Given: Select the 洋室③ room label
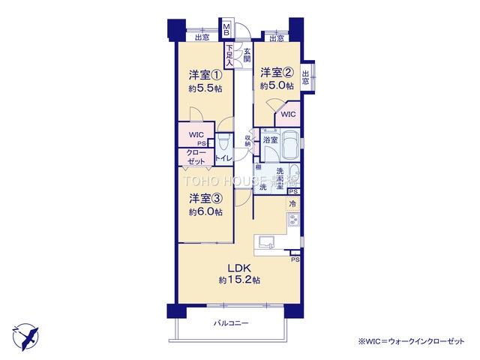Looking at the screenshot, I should click(x=204, y=198).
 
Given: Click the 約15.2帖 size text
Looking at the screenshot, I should click(x=239, y=280).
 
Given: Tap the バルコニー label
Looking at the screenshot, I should click(x=229, y=323).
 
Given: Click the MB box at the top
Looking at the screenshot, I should click(x=226, y=32).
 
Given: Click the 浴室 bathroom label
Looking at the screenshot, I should click(x=270, y=140).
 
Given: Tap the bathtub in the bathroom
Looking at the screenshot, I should click(x=292, y=146).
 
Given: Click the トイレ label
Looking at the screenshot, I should click(x=223, y=159).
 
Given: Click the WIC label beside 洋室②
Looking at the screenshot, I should click(x=289, y=115).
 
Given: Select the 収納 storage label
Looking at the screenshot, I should click(x=247, y=139).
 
